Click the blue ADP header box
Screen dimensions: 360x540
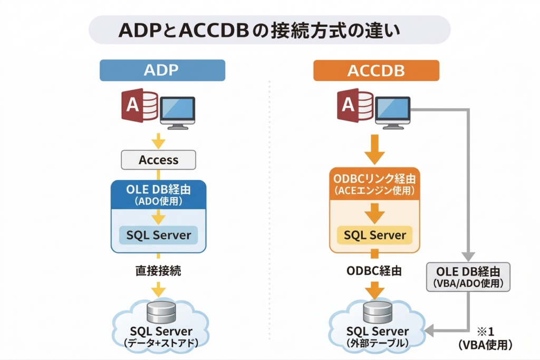coord(162,70)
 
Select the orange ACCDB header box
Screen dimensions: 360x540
coord(376,70)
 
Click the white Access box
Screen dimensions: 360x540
coord(159,160)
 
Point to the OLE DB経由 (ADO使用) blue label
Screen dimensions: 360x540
coord(159,194)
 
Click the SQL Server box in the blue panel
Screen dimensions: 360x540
coord(159,235)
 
